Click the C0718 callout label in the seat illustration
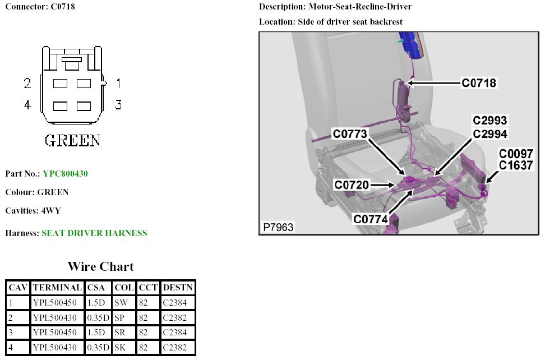coord(479,84)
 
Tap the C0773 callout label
coord(350,134)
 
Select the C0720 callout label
coord(352,184)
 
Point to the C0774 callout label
coord(371,219)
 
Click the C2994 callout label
coord(489,133)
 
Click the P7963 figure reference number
coord(278,227)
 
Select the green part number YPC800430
coord(65,174)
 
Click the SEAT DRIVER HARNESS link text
coord(94,233)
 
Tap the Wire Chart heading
coord(101,266)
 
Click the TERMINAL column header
coord(57,288)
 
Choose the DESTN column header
coord(177,288)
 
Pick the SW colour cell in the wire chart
coord(121,303)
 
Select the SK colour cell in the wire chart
coord(120,348)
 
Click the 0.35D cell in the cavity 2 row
coord(98,318)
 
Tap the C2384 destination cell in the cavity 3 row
coord(174,333)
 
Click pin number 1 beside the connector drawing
coord(118,84)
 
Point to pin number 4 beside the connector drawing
coord(27,104)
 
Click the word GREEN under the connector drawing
coord(72,140)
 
